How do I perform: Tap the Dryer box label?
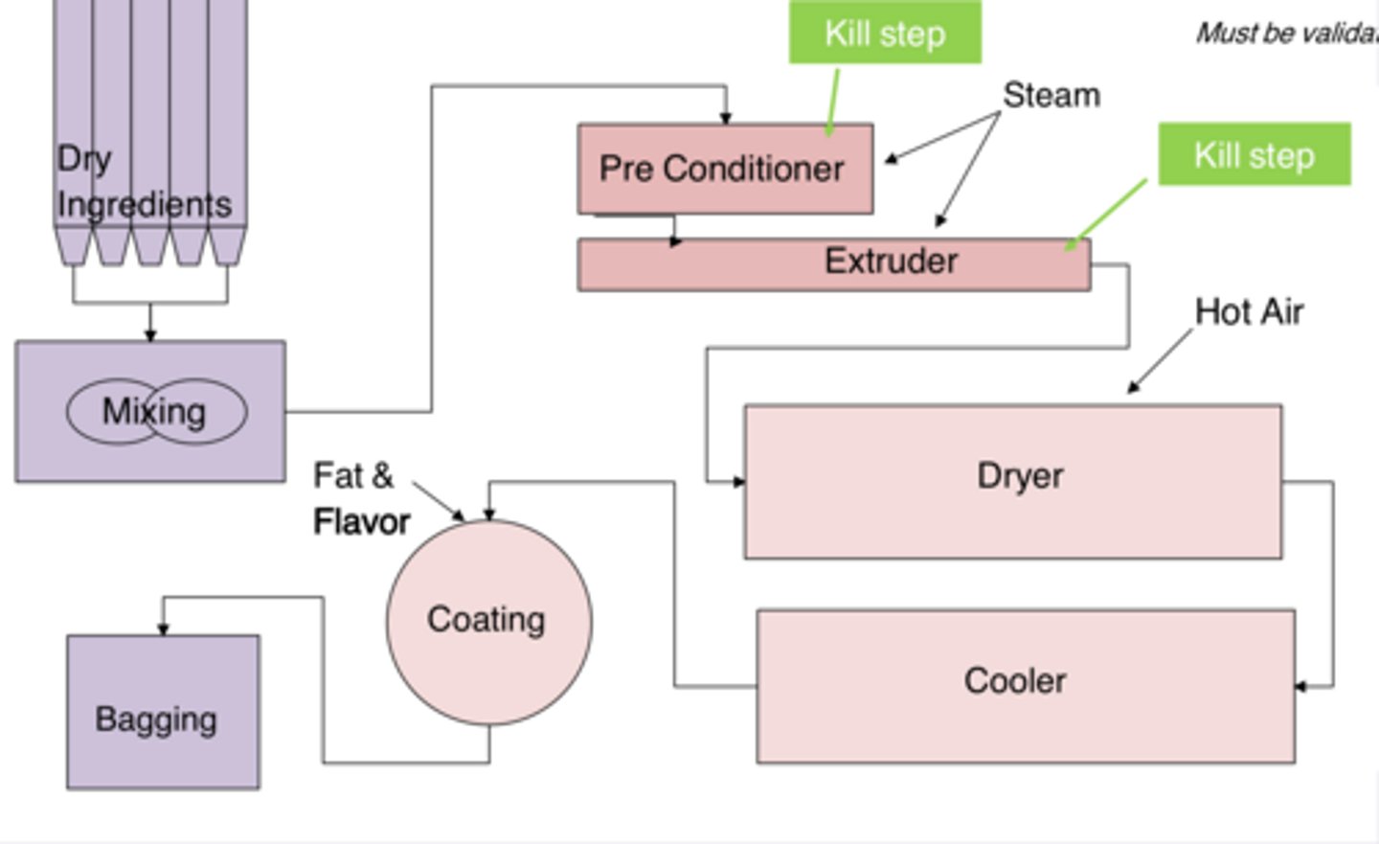tap(1020, 476)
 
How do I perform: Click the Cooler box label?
tap(1015, 681)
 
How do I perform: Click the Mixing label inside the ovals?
tap(155, 412)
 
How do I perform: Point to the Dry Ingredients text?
tap(144, 182)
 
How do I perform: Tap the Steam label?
tap(1051, 95)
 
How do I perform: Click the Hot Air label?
tap(1249, 311)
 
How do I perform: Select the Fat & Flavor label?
tap(360, 498)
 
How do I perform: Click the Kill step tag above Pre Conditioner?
tap(885, 34)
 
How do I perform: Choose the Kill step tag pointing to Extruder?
tap(1254, 155)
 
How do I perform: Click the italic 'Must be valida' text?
tap(1285, 34)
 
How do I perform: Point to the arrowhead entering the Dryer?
tap(738, 482)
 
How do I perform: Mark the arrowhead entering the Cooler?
tap(1300, 686)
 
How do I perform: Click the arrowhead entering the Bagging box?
tap(163, 628)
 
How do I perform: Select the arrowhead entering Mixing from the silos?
tap(150, 334)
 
